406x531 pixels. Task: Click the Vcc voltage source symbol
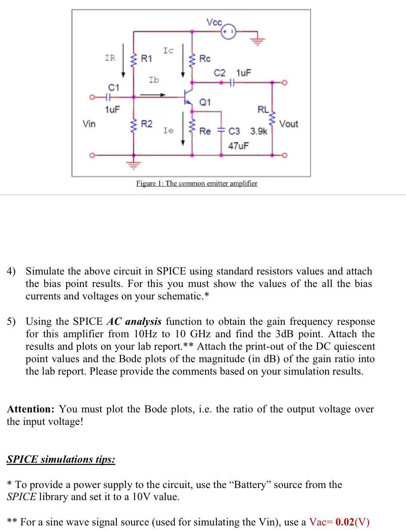(228, 31)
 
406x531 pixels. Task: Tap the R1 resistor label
(147, 58)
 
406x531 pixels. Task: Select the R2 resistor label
(147, 124)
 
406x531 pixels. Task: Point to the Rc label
(205, 58)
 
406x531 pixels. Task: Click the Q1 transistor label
(205, 102)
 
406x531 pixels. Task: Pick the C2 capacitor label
(219, 73)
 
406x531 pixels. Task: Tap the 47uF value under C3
(239, 146)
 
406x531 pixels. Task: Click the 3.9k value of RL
(259, 131)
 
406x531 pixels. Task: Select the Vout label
(289, 124)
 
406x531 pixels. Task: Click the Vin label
(89, 124)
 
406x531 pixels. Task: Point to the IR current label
(110, 58)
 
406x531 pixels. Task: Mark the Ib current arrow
(153, 95)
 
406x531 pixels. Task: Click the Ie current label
(168, 130)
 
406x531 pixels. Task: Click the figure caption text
(197, 183)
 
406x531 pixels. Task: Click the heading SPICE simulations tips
(61, 459)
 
